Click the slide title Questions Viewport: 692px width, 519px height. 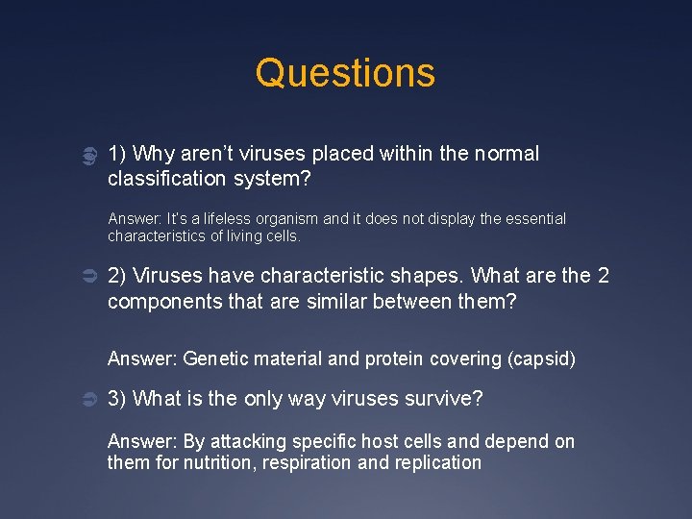click(x=345, y=73)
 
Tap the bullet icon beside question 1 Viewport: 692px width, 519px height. click(x=86, y=155)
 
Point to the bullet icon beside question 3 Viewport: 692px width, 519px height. click(x=86, y=399)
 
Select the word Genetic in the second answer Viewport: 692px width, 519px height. click(x=213, y=358)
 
